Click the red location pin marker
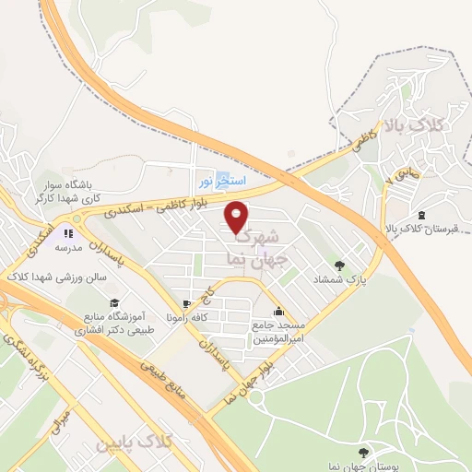pos(238,216)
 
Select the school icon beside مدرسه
pos(68,234)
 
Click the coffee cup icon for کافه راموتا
pos(187,303)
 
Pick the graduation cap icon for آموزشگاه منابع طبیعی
pos(113,303)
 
